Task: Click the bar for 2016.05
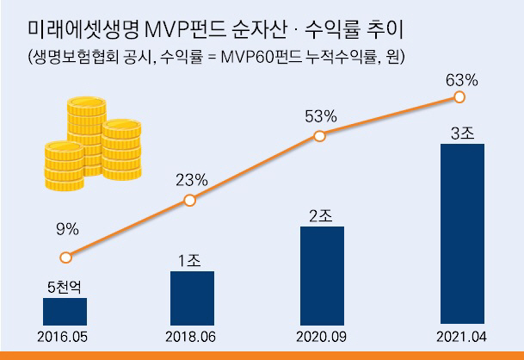click(65, 311)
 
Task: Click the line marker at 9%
click(65, 257)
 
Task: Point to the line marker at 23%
click(191, 202)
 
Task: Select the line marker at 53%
click(320, 136)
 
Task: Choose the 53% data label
click(320, 114)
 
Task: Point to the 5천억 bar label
click(65, 287)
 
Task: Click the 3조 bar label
click(462, 132)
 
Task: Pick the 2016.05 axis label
click(65, 337)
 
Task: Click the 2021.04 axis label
click(462, 337)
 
